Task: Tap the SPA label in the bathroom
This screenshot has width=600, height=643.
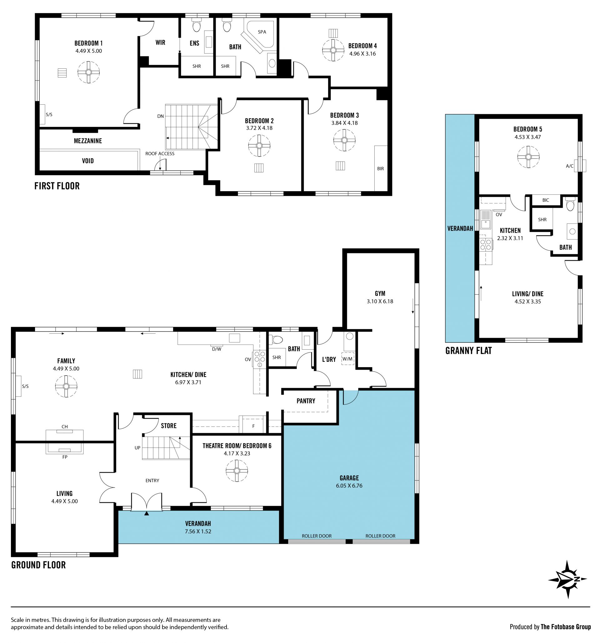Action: [262, 32]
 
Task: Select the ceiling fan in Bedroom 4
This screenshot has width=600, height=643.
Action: [333, 50]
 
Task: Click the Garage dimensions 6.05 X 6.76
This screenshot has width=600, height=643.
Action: [349, 486]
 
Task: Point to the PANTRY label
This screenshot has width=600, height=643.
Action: [306, 401]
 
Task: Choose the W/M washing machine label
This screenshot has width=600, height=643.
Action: [347, 359]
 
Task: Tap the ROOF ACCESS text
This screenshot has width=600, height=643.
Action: [160, 154]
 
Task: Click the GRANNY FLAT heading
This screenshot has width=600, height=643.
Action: [468, 351]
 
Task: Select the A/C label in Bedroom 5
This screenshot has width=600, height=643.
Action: [570, 166]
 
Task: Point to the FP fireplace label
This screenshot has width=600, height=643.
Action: [65, 457]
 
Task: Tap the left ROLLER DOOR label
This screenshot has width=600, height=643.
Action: [317, 536]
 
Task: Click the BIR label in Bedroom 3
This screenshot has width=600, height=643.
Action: [380, 168]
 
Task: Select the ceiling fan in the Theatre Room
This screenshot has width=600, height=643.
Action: [237, 471]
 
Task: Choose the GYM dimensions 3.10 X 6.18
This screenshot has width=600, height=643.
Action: [380, 301]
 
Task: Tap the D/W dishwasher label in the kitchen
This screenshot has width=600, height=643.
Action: [217, 349]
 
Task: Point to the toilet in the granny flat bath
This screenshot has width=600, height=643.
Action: [570, 204]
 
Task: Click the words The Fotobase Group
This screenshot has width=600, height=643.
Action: [566, 627]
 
